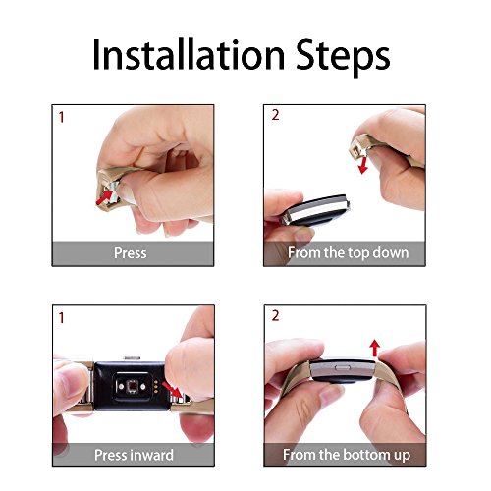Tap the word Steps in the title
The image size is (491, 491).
346,55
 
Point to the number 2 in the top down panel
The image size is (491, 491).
276,116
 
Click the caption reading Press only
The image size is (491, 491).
131,253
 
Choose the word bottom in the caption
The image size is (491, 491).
356,455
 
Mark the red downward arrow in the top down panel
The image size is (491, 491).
363,163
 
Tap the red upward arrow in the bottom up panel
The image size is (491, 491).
374,347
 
